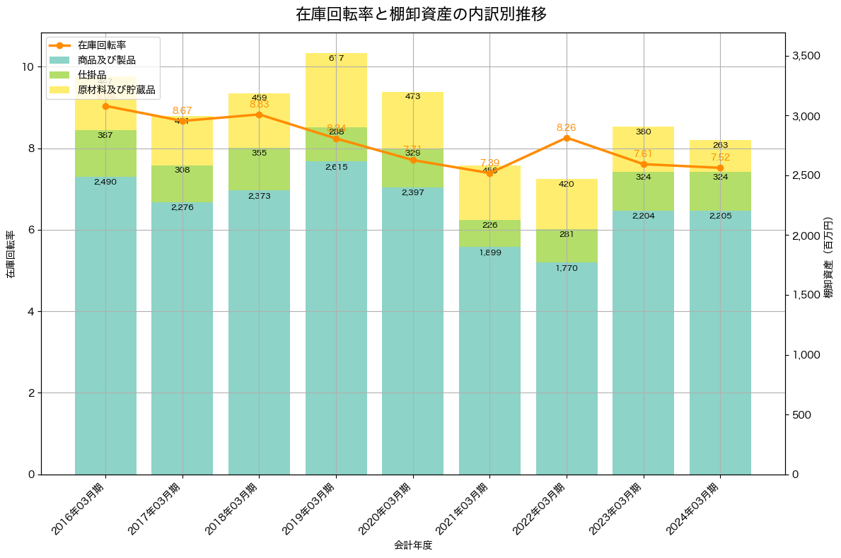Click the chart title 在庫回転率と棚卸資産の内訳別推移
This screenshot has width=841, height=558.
click(420, 14)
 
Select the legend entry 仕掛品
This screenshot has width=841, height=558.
click(92, 75)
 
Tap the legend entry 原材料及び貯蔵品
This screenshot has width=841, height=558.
click(117, 91)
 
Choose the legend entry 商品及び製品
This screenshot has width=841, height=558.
click(107, 60)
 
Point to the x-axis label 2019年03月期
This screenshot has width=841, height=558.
click(311, 508)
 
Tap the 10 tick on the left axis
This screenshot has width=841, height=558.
click(28, 67)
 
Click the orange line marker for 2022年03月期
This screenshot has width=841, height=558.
click(567, 138)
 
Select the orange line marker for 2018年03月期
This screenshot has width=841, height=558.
click(259, 115)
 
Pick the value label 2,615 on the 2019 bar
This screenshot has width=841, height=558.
click(336, 167)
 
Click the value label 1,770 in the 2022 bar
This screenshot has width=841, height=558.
click(567, 268)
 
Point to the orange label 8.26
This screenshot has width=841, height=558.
click(567, 127)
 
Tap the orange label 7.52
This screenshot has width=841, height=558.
click(720, 157)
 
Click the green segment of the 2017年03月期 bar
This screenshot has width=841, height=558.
click(182, 184)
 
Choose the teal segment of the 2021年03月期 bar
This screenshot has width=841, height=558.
click(489, 361)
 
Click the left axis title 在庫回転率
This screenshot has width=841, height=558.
click(11, 254)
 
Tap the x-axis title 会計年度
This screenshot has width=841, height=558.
click(413, 545)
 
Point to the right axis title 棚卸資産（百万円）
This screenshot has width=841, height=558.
click(829, 254)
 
